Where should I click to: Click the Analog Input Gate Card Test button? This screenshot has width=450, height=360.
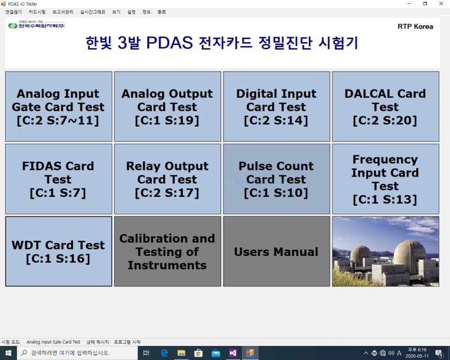click(58, 106)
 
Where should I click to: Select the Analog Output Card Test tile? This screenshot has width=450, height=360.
click(167, 106)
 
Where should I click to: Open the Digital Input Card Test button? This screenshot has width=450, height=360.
click(276, 106)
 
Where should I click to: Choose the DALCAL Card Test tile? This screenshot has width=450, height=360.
click(385, 106)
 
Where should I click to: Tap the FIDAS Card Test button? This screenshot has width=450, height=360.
click(58, 179)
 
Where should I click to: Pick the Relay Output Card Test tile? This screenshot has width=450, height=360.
click(167, 179)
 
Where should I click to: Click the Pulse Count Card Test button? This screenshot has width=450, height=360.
click(276, 179)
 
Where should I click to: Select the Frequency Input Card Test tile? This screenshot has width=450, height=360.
click(385, 179)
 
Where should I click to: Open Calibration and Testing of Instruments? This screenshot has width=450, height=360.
click(167, 251)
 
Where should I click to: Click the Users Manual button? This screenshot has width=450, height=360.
click(276, 251)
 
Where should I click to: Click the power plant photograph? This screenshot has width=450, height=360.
click(385, 251)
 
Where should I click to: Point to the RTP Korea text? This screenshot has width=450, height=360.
click(415, 26)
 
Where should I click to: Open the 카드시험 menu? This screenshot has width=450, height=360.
click(37, 11)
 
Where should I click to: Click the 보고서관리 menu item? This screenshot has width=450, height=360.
click(63, 11)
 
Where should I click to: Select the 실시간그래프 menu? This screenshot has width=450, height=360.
click(92, 11)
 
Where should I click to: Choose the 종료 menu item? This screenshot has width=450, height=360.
click(161, 11)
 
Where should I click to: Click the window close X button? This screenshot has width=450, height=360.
click(440, 3)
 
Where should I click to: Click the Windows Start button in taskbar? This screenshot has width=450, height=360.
click(8, 353)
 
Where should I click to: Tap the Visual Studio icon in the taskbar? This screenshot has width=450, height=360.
click(233, 353)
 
